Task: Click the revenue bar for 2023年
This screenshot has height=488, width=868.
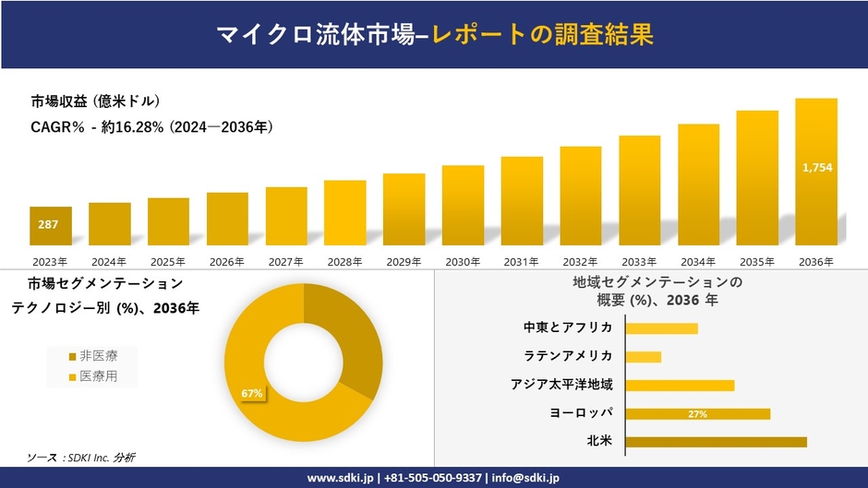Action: [51, 226]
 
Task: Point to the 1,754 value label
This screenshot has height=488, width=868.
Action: [817, 167]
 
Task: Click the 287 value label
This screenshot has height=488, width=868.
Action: [47, 224]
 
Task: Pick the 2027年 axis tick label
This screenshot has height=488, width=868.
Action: [286, 262]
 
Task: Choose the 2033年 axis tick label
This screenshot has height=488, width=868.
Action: [639, 262]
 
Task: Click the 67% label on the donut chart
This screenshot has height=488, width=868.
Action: [252, 394]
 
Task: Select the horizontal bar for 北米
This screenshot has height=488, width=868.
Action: [716, 442]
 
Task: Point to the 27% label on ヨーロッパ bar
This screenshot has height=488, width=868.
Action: [697, 414]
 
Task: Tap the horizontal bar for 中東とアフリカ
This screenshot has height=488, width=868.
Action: [661, 328]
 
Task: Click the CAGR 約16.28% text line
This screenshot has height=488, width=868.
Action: [152, 126]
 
